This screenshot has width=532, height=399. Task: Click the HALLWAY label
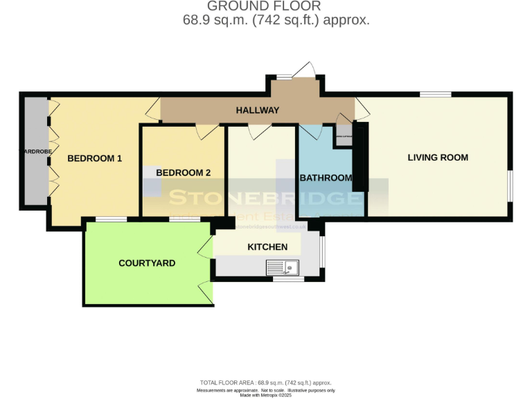coord(257,110)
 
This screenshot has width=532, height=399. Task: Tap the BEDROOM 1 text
coord(94,159)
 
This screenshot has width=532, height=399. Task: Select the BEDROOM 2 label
coord(183,172)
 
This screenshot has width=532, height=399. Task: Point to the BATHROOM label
coord(326,178)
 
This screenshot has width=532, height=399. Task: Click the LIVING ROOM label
coord(437,157)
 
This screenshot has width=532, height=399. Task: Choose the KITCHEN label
coord(267,247)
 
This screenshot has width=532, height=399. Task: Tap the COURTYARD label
coord(147,263)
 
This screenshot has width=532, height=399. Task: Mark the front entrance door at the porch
coord(303,70)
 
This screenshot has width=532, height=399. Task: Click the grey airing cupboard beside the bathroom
coord(344,136)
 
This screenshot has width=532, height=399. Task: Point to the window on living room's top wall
coord(435,94)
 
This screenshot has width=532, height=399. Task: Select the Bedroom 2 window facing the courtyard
coord(185,219)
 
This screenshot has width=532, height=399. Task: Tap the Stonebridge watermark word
coord(266,198)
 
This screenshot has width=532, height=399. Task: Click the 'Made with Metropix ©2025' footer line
coord(265,395)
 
